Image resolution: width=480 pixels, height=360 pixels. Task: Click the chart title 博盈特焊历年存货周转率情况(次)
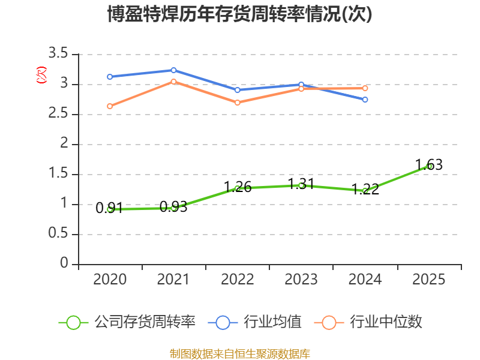coord(239,14)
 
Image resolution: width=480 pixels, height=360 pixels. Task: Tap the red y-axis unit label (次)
coord(41,75)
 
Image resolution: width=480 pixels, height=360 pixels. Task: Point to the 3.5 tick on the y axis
coord(58,53)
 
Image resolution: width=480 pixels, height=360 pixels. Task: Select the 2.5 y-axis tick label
coord(58,113)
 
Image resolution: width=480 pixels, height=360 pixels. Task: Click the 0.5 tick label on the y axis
coord(58,233)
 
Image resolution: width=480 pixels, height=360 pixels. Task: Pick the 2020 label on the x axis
coord(110,280)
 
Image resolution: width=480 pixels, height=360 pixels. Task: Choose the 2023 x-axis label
coord(301,280)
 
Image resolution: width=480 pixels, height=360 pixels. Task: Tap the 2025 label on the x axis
coord(429,280)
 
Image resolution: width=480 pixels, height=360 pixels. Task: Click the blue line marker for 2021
coord(173,70)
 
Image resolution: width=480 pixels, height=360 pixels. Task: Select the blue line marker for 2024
coord(365,100)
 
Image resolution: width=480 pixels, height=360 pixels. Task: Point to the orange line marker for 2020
coord(110,106)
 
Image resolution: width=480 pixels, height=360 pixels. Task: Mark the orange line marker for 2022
coord(238,103)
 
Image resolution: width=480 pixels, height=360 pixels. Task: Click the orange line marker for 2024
coord(365,88)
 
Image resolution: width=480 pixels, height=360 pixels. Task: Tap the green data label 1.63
coord(429,164)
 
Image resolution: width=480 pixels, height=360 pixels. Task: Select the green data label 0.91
coord(109,208)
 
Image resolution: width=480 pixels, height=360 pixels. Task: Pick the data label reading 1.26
coord(238,187)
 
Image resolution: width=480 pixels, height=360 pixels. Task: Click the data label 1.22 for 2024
coord(365,189)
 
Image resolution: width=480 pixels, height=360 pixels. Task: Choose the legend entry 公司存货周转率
coord(127,322)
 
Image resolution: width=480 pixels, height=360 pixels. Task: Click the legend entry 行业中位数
coord(368,322)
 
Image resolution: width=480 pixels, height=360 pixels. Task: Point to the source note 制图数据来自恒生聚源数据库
coord(239,354)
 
